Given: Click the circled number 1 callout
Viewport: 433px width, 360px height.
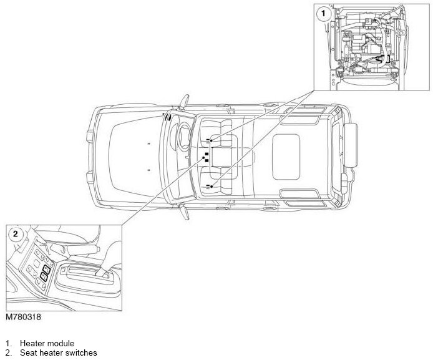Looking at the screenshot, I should (323, 12).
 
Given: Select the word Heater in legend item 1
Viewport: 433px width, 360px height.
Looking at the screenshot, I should (32, 343).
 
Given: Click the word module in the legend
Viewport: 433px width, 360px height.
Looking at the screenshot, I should (61, 343).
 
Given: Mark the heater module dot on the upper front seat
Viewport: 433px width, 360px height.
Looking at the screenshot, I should (212, 142).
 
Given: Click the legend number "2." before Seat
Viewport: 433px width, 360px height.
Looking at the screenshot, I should (9, 353).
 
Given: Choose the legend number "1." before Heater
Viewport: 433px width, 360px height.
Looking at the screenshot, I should (9, 343).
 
